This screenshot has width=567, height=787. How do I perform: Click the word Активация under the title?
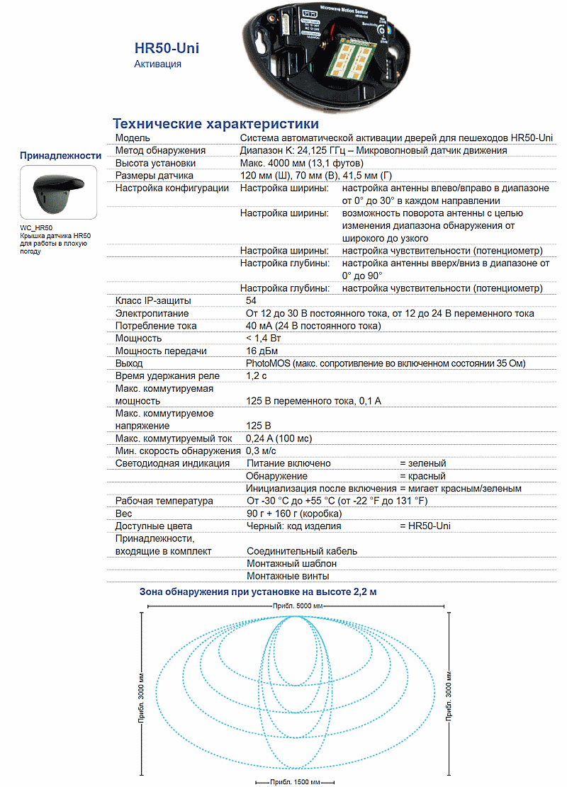157,64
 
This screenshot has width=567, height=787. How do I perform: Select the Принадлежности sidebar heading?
61,155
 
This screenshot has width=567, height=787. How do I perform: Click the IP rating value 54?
252,301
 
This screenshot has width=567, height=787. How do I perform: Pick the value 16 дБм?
262,351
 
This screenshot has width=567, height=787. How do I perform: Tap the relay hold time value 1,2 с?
257,375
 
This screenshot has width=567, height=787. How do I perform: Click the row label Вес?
124,514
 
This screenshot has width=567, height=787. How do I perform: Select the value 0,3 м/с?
261,451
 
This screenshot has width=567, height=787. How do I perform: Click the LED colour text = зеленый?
423,463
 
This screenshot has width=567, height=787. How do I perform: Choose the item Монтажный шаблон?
291,563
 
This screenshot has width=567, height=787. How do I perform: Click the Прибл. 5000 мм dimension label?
298,607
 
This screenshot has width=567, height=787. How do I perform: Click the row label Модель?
133,137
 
